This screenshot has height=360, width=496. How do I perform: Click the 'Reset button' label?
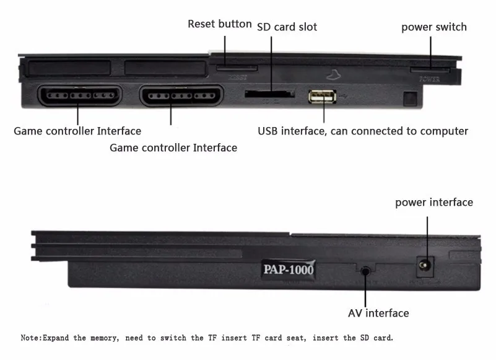tap(220, 24)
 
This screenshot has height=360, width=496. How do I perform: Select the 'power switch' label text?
tap(433, 27)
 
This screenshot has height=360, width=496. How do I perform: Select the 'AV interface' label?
tap(378, 313)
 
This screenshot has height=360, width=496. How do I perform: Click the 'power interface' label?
tap(433, 202)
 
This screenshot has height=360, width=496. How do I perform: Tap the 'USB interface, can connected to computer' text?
tap(362, 131)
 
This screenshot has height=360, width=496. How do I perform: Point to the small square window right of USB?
tap(407, 99)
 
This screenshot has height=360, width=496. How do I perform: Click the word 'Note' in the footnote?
tap(30, 338)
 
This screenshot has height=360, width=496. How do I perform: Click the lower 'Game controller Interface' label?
tap(173, 147)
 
